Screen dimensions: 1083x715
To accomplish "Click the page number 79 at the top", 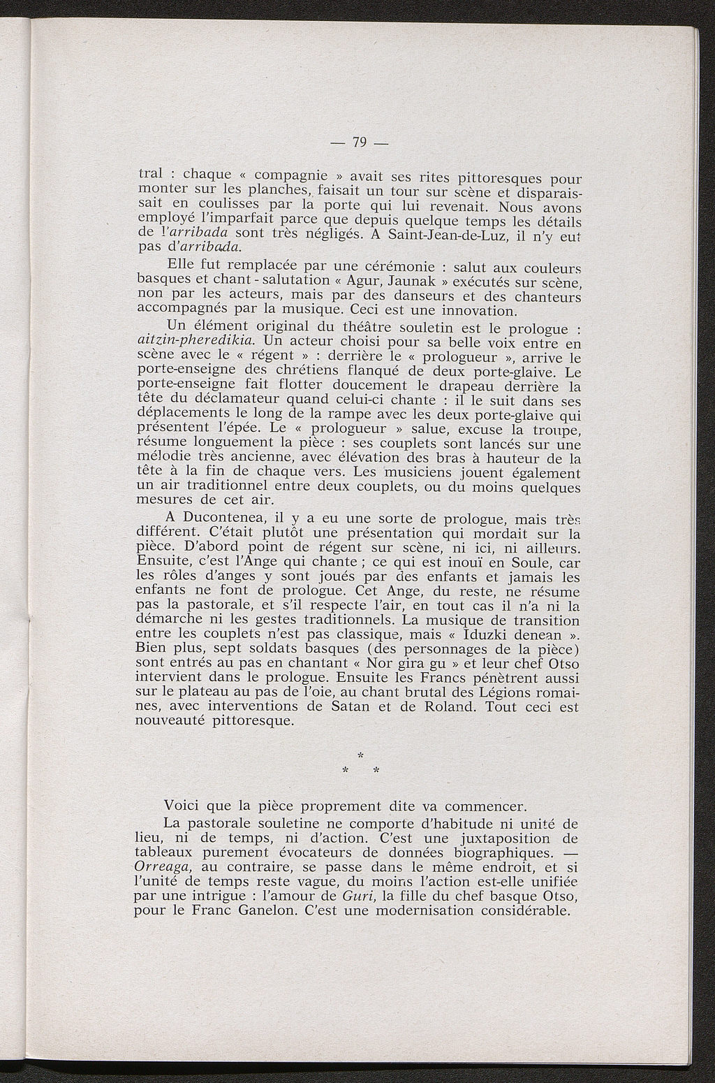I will pyautogui.click(x=360, y=143).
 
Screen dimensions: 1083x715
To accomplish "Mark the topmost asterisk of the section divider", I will pyautogui.click(x=360, y=755).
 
